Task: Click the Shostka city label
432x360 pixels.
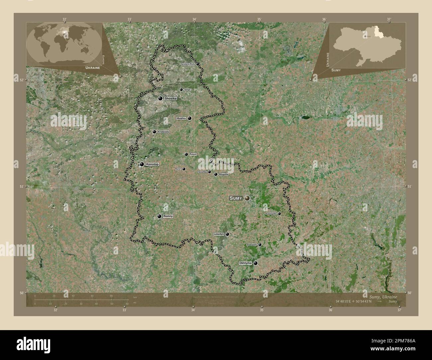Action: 171,99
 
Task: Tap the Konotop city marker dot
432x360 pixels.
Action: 142,164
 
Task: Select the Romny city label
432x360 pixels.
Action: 168,216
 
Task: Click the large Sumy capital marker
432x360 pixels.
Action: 247,198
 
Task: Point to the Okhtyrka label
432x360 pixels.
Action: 246,263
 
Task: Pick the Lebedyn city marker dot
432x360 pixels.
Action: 227,234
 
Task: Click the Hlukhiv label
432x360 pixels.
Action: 181,118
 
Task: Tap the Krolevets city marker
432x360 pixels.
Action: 154,132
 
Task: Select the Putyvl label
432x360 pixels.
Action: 193,154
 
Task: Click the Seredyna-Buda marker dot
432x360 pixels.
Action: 198,64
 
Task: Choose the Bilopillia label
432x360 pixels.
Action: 224,174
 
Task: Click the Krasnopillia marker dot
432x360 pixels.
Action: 279,214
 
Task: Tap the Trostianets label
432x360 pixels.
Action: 252,245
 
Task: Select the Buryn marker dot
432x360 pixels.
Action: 184,169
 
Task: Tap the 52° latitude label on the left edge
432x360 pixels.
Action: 22,80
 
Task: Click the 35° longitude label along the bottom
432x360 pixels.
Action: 262,310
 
